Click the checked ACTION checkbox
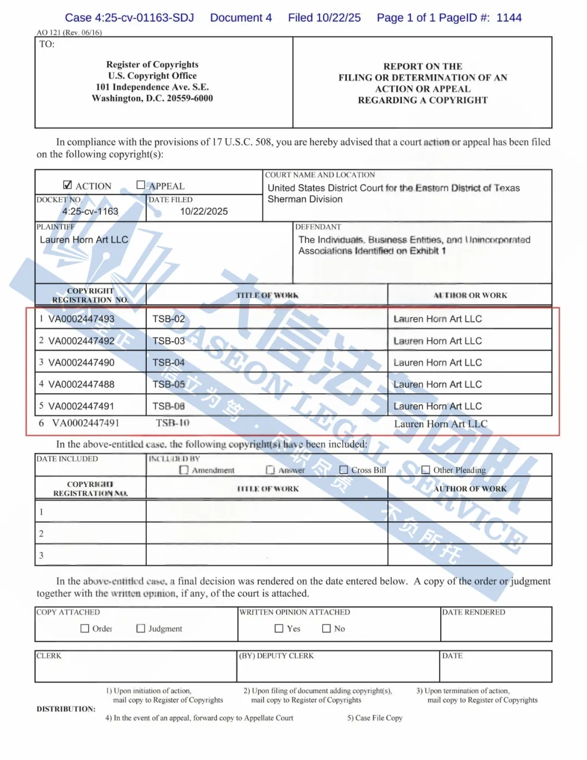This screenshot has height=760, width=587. point(67,185)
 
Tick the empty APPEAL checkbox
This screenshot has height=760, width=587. point(141,185)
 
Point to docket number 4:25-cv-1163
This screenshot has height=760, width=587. point(90,211)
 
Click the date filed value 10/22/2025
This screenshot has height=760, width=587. point(204,211)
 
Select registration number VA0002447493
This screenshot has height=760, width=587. point(82,319)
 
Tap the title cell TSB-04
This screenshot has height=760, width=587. point(168,362)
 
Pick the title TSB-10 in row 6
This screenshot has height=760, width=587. point(172,423)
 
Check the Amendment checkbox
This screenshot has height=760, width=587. point(184,470)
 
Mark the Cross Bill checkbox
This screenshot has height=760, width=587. point(344,469)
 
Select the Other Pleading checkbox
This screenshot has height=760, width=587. point(426,469)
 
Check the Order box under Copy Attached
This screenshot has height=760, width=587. point(85,628)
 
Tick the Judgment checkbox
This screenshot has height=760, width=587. point(141,628)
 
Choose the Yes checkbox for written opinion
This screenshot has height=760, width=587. point(279,628)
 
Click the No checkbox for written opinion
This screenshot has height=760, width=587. point(326,628)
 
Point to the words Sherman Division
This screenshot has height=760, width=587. point(305,199)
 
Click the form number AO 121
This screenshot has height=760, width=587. point(49,33)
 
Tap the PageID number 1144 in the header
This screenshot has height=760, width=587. point(509,17)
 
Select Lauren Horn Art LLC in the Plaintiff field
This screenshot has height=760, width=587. point(84,239)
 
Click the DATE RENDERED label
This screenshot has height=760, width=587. point(473,612)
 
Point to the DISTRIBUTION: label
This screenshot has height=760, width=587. point(66,709)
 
